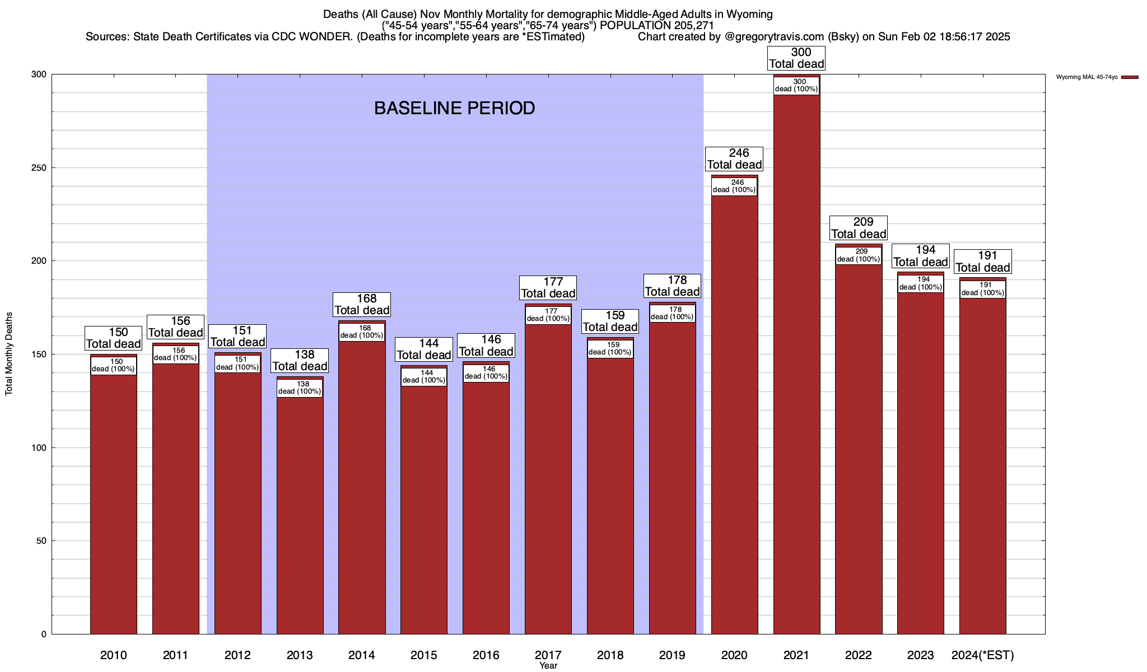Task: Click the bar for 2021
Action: pyautogui.click(x=796, y=364)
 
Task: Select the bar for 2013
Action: pyautogui.click(x=300, y=515)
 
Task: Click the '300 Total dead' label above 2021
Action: pyautogui.click(x=796, y=58)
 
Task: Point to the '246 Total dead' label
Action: pyautogui.click(x=734, y=158)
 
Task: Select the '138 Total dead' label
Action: pyautogui.click(x=300, y=360)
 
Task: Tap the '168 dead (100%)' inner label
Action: pyautogui.click(x=362, y=332)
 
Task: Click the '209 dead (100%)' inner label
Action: pyautogui.click(x=859, y=255)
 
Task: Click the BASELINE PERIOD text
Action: pyautogui.click(x=454, y=108)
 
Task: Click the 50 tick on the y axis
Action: pyautogui.click(x=42, y=541)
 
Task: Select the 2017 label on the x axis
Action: pyautogui.click(x=548, y=655)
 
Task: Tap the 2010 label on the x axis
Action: pyautogui.click(x=114, y=655)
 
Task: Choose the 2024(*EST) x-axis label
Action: pyautogui.click(x=982, y=655)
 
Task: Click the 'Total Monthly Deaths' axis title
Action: pyautogui.click(x=9, y=353)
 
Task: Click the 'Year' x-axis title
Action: pyautogui.click(x=548, y=666)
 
